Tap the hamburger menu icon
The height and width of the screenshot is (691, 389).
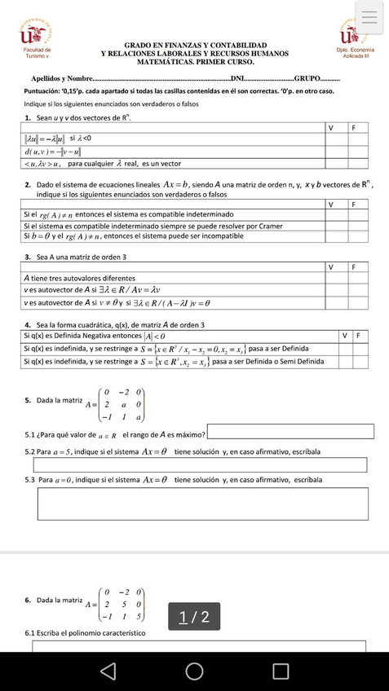coord(369,17)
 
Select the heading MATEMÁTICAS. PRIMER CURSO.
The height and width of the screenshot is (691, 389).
coord(195,62)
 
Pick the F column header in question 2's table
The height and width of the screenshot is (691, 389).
coord(353,205)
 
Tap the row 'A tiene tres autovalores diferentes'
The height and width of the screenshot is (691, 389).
coord(79,278)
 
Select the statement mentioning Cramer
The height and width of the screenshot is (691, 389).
coord(153,226)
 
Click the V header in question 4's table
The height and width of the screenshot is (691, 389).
coord(345,336)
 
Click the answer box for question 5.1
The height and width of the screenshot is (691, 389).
coord(290,432)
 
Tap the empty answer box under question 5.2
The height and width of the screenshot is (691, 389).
coord(200,464)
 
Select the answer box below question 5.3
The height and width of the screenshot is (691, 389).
coord(200,503)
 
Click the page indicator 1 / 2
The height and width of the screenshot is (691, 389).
coord(194,617)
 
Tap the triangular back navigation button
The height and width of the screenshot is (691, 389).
coord(108,671)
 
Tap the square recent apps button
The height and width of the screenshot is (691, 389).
coord(281,671)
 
